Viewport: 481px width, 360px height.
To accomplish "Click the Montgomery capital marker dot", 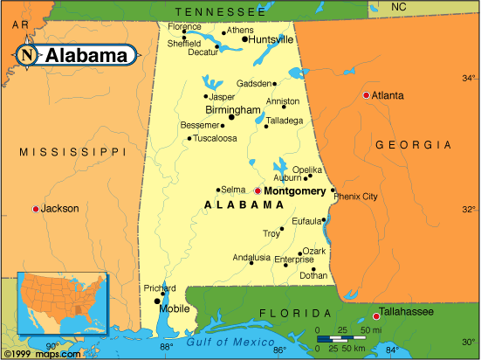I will (258, 190).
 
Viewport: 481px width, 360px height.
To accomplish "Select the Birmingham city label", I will (233, 110).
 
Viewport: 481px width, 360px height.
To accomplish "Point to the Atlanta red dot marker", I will (366, 94).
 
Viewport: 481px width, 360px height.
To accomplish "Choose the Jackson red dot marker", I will (35, 209).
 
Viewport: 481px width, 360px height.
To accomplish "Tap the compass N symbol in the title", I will (27, 55).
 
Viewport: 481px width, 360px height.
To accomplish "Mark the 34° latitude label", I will (469, 78).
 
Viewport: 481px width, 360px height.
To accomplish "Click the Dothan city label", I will (313, 275).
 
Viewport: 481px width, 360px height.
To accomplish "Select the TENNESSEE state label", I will (219, 11).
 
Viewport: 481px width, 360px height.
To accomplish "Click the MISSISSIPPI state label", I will (72, 152).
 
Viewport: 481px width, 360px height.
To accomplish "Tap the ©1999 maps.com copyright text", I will (34, 353).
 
